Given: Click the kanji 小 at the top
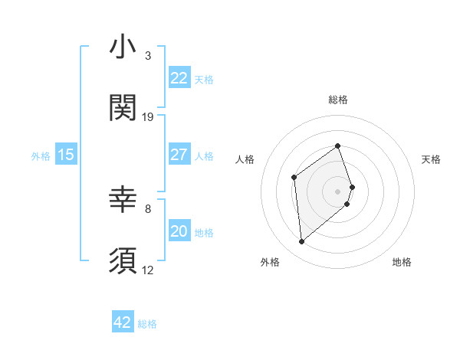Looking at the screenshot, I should coord(123,47).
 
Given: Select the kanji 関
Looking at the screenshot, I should coord(123,108).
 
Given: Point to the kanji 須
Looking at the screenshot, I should coord(123,260).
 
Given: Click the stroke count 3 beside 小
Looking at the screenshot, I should coord(148,56).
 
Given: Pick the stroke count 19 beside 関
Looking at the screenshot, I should coord(148,116).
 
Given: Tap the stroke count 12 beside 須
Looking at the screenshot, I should coord(148,270).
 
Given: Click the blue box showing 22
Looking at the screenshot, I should coord(179,78).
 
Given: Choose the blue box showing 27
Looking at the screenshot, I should coord(179,155).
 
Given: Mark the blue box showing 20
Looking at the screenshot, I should coord(179,231).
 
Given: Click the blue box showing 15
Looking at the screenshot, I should coord(66,155).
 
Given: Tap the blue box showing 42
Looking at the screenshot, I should coord(123,322).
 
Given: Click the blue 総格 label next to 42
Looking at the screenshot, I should coord(147,324).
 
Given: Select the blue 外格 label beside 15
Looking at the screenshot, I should coord(41,156).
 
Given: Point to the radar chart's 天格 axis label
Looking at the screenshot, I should coord(432,159).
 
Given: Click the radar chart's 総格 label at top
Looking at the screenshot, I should coord(338,100).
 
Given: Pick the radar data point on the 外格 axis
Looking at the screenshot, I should coord(301,242).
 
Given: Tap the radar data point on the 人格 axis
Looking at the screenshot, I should coord(294,178).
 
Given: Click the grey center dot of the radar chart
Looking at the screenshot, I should coord(338,190).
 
